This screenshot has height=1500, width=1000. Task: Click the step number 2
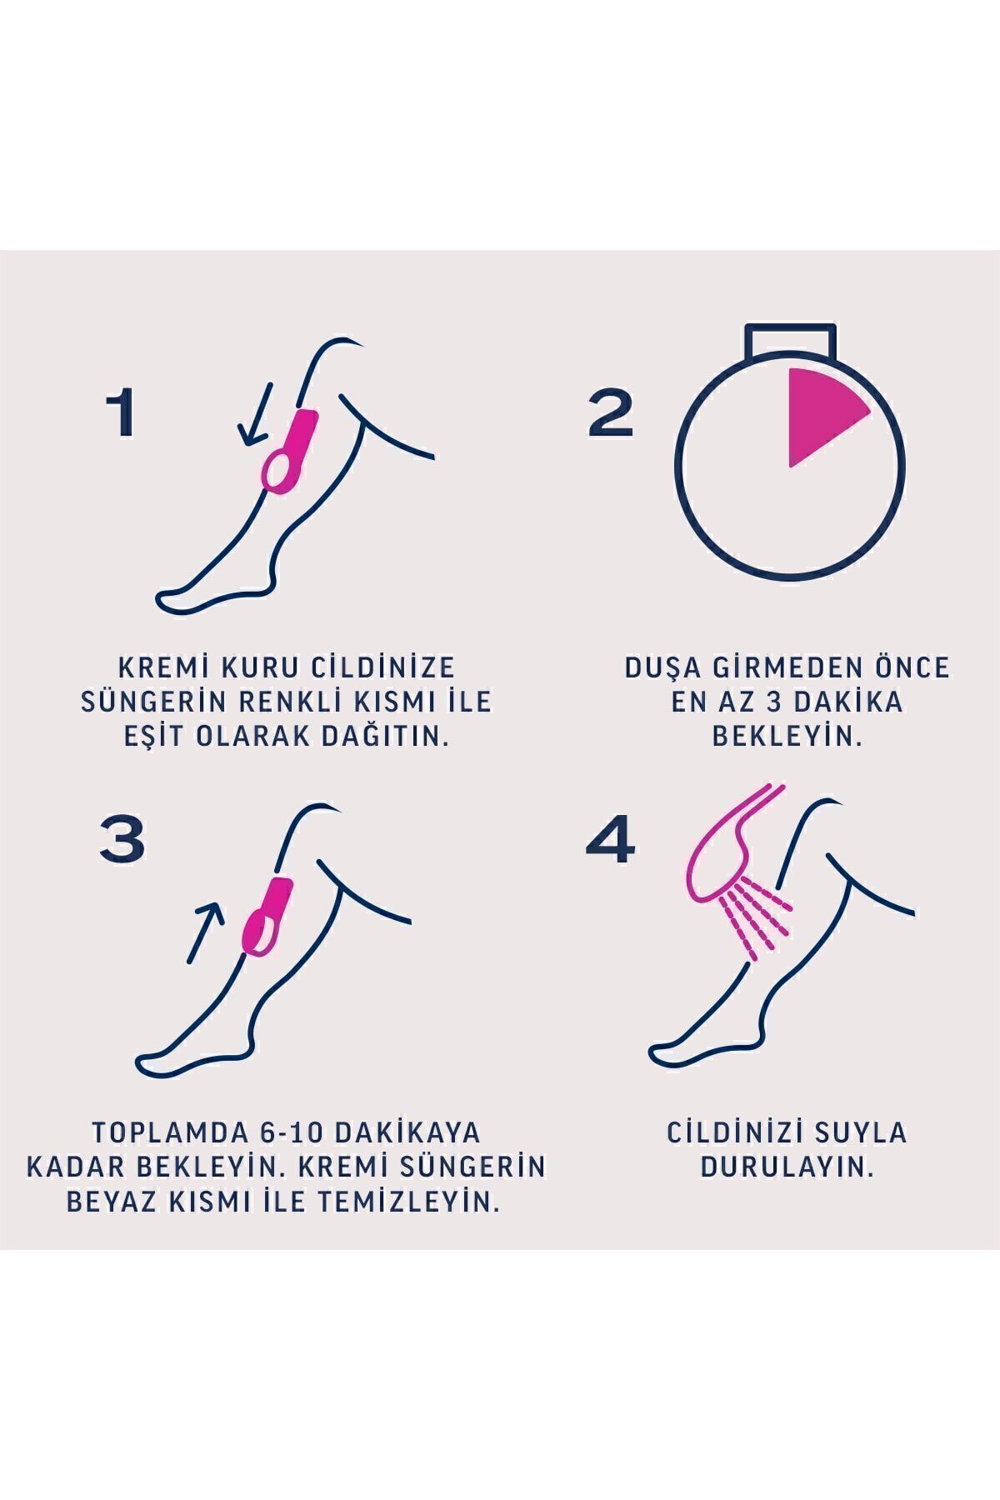coord(611,414)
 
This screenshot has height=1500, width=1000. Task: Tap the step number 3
coord(122,837)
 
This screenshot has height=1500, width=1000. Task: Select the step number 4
coord(610,837)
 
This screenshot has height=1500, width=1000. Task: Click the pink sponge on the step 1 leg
coord(289,454)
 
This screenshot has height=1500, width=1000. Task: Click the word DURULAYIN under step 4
coord(787,1167)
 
